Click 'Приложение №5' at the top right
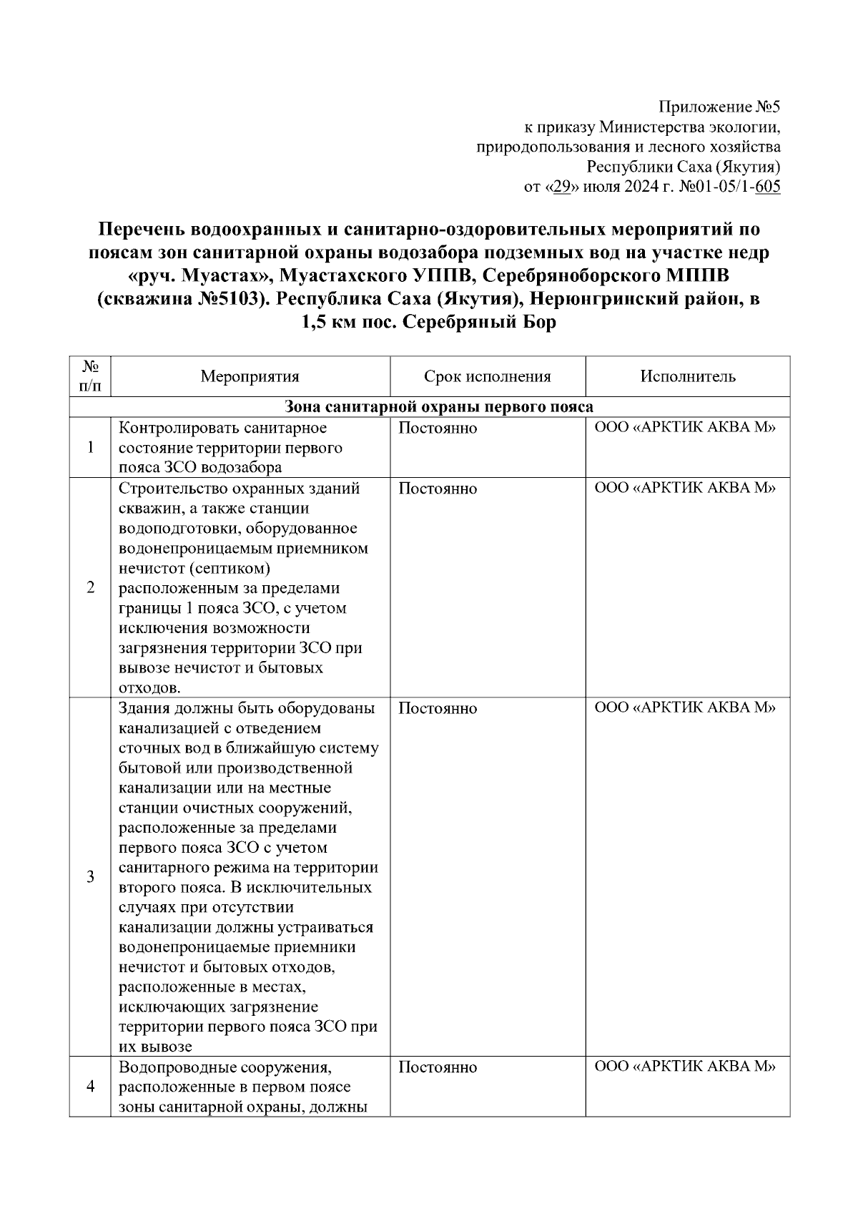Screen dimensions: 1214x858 click(x=719, y=107)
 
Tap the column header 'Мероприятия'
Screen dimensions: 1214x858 click(x=250, y=376)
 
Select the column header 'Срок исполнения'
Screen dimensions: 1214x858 click(x=487, y=376)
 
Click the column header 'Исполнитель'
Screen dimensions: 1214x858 click(x=687, y=376)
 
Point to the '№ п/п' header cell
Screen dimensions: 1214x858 click(x=90, y=376)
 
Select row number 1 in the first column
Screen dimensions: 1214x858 click(x=90, y=448)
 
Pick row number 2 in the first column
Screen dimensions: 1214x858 click(x=90, y=587)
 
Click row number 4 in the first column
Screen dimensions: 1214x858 click(x=90, y=1087)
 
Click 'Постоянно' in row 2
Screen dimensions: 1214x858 click(x=437, y=489)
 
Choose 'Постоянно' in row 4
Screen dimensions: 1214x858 click(x=437, y=1067)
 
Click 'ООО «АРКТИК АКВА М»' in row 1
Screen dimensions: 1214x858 click(x=686, y=428)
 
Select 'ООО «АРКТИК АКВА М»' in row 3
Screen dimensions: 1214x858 click(x=686, y=708)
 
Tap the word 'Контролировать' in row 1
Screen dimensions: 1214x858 click(x=177, y=428)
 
